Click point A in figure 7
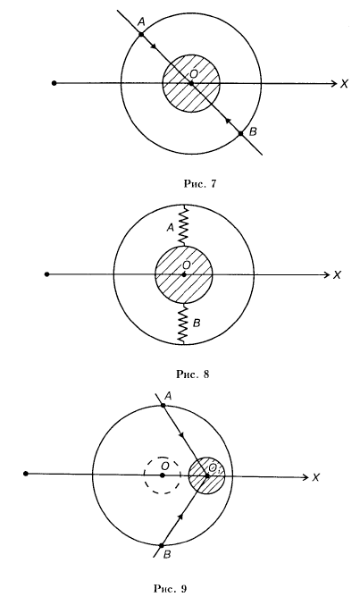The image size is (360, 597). [x=141, y=34]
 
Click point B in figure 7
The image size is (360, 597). [x=240, y=133]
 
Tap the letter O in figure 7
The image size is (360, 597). [x=194, y=73]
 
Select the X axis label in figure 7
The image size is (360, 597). [x=345, y=84]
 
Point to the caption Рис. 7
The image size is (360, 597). [x=200, y=184]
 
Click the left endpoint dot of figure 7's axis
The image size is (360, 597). [x=54, y=83]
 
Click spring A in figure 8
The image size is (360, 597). [x=183, y=226]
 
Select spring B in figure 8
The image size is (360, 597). [x=183, y=324]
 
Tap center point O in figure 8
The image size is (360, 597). [x=184, y=274]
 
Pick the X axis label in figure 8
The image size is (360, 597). [x=337, y=275]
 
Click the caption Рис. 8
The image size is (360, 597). [x=193, y=374]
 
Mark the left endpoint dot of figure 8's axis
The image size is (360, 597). [x=46, y=274]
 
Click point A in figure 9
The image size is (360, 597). [x=163, y=405]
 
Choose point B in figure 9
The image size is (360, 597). [x=162, y=545]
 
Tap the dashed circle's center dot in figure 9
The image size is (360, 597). [x=163, y=475]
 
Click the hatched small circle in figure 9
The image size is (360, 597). [x=206, y=475]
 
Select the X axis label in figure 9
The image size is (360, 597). [x=316, y=477]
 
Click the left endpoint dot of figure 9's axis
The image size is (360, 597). [x=26, y=474]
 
